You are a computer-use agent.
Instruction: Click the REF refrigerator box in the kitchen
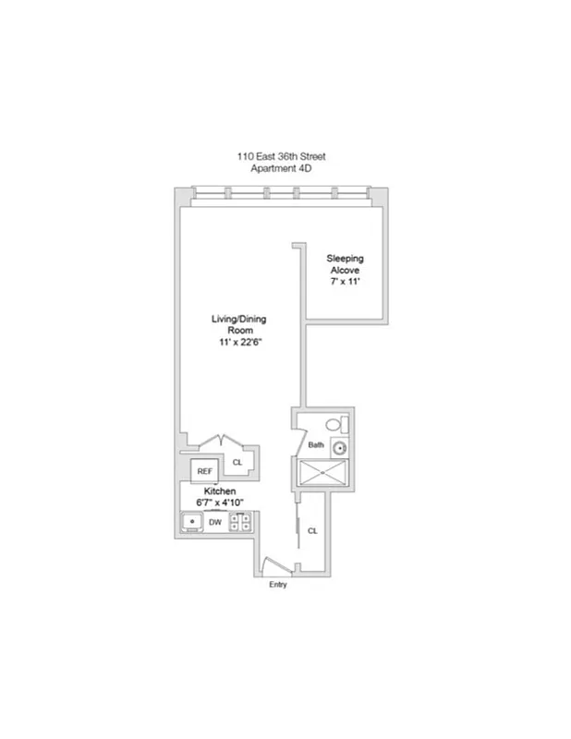(205, 470)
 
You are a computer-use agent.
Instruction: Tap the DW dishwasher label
(214, 523)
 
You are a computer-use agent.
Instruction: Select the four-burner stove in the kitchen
(240, 523)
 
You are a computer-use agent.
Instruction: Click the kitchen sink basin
(191, 523)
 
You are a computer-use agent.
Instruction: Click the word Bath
(316, 445)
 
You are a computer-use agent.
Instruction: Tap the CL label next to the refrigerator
(237, 462)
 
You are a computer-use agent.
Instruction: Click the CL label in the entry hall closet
(312, 531)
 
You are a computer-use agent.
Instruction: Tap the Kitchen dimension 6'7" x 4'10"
(220, 502)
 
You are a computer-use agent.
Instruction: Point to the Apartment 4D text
(282, 169)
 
